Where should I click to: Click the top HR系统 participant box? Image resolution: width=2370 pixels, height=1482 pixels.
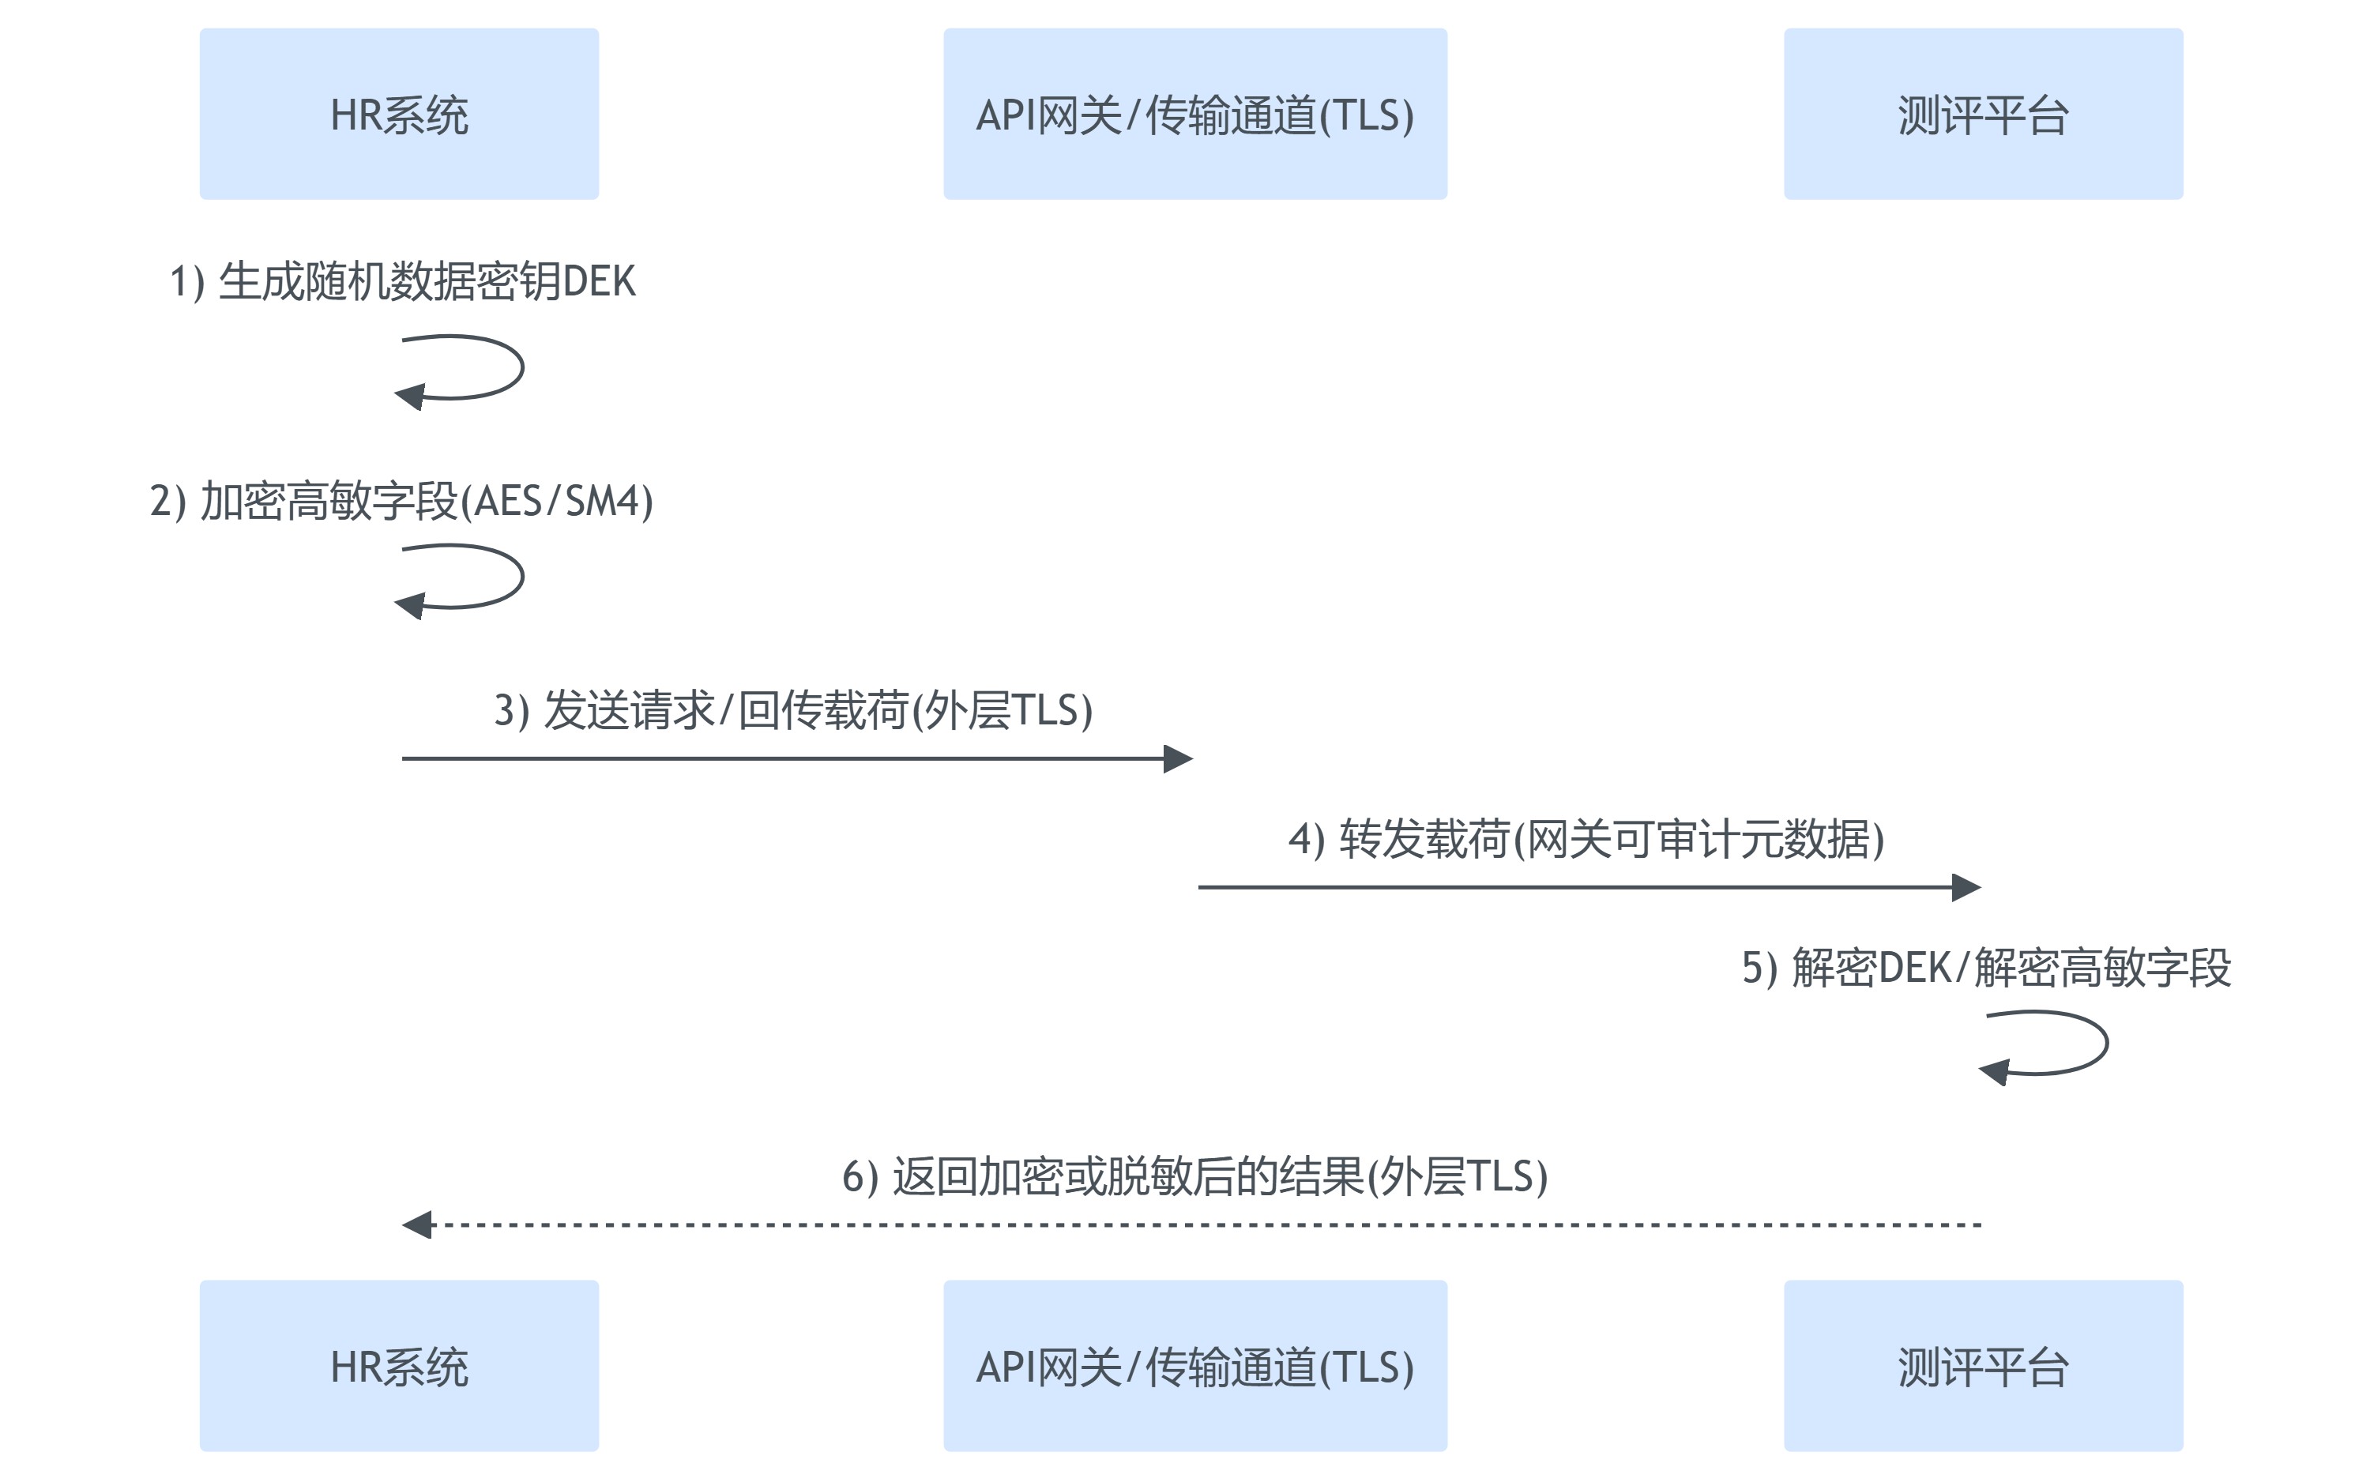tap(399, 114)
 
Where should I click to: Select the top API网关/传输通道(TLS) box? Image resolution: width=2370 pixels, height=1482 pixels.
tap(1194, 114)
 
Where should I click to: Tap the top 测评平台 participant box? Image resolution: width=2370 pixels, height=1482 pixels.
tap(1983, 114)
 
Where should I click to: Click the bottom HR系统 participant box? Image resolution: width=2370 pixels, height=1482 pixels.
tap(399, 1365)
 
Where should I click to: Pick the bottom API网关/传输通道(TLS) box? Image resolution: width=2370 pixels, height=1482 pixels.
tap(1194, 1365)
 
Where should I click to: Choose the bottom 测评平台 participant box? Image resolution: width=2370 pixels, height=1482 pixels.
tap(1983, 1365)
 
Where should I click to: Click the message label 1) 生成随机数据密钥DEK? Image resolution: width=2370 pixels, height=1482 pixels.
tap(402, 281)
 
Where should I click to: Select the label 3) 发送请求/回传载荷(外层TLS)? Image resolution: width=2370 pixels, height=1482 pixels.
tap(793, 711)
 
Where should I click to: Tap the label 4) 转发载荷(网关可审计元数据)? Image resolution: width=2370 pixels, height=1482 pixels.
tap(1586, 839)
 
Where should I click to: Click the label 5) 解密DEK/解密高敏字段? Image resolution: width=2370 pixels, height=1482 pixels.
tap(1986, 968)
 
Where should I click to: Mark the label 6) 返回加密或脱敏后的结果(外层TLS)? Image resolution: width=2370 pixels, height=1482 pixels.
tap(1194, 1176)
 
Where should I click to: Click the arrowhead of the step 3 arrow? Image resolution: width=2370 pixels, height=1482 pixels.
tap(1177, 758)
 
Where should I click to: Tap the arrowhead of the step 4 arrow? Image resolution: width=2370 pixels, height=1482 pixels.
tap(1966, 887)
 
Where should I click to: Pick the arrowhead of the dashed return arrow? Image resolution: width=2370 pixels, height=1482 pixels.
tap(418, 1224)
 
